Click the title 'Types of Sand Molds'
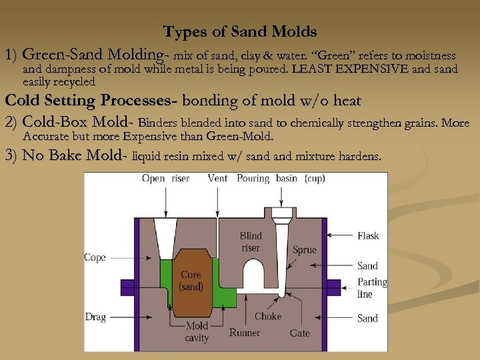tap(240, 31)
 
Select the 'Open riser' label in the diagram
tap(165, 179)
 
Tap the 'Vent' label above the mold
tap(218, 179)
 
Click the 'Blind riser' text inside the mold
tap(251, 241)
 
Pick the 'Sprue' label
tap(305, 250)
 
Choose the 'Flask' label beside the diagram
tap(368, 235)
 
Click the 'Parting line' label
tap(372, 287)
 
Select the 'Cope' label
tap(95, 257)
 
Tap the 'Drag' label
tap(95, 317)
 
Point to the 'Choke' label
tap(268, 316)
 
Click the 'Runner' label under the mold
tap(245, 333)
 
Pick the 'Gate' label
tap(300, 333)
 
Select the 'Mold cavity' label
tap(197, 332)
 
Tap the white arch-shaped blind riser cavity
tap(254, 275)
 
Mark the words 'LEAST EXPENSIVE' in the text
tap(344, 69)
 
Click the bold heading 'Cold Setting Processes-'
tap(91, 101)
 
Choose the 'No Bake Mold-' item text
tap(75, 156)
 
